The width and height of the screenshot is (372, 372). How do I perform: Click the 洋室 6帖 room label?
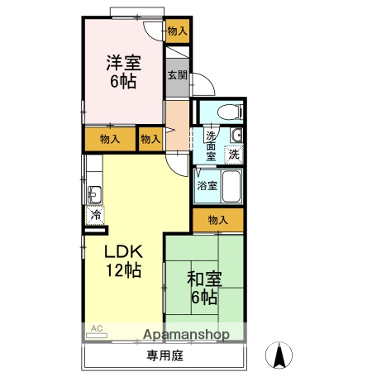pyautogui.click(x=122, y=71)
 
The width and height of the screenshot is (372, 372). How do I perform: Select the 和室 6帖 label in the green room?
pyautogui.click(x=203, y=287)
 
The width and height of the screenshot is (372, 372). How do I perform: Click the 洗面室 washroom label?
pyautogui.click(x=212, y=145)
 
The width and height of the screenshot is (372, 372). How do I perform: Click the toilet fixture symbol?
pyautogui.click(x=228, y=111)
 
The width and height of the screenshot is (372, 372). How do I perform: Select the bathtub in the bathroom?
pyautogui.click(x=231, y=187)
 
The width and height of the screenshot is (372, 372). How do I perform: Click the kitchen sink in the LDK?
pyautogui.click(x=94, y=196)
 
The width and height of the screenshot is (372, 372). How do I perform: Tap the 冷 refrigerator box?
pyautogui.click(x=95, y=215)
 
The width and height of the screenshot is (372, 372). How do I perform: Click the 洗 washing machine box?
pyautogui.click(x=235, y=154)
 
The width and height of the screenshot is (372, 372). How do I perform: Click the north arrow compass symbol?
pyautogui.click(x=280, y=355)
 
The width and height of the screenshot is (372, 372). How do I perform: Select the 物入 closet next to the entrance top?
pyautogui.click(x=177, y=31)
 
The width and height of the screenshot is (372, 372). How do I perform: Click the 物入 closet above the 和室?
pyautogui.click(x=218, y=220)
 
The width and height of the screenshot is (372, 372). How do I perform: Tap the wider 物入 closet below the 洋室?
pyautogui.click(x=109, y=139)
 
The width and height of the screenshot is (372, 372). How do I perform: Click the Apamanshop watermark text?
pyautogui.click(x=187, y=335)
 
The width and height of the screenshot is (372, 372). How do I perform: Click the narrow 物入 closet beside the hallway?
pyautogui.click(x=150, y=139)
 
